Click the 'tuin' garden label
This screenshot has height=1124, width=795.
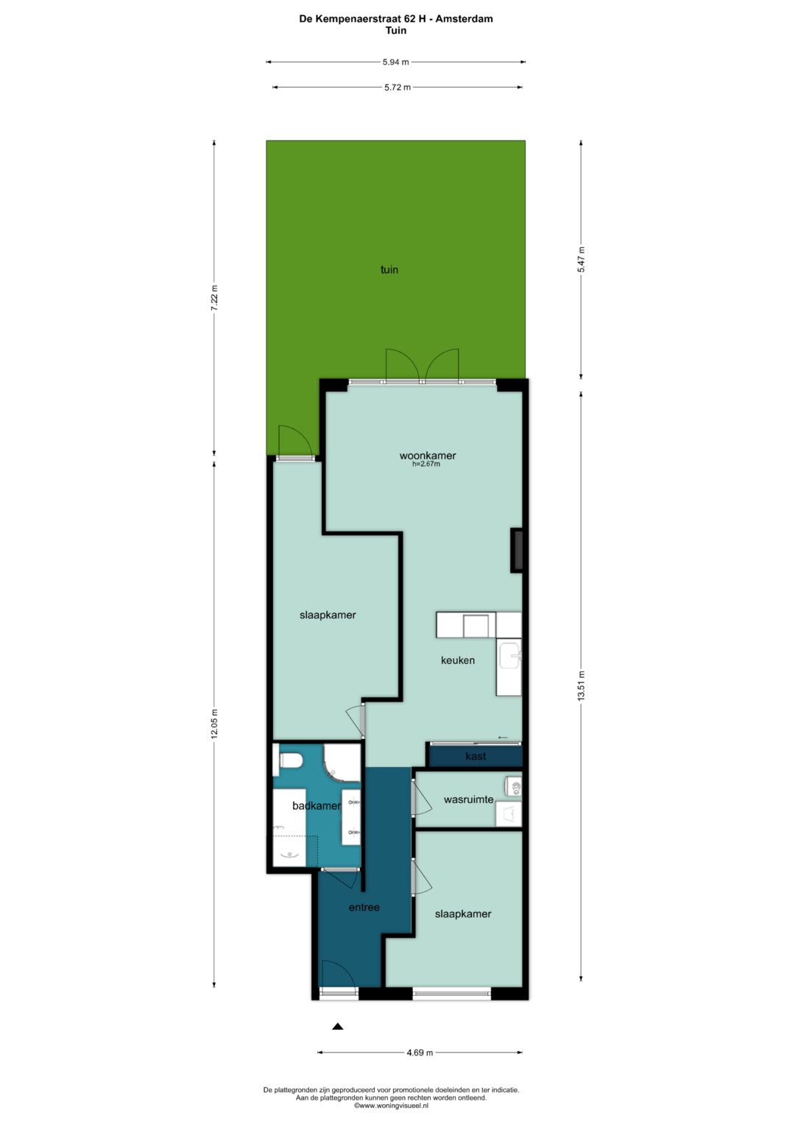tap(389, 269)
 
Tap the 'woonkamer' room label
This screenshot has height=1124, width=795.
tap(428, 456)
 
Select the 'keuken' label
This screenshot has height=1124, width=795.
tap(458, 660)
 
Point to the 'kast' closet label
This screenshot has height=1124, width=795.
tap(476, 756)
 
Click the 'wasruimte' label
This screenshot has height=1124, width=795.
tap(468, 799)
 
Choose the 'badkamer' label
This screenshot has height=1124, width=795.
tap(317, 806)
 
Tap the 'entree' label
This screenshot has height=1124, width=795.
tap(364, 908)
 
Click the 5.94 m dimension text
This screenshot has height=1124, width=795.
tap(395, 63)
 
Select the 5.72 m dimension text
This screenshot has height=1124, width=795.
tap(397, 88)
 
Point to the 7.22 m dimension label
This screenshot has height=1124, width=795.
tap(215, 298)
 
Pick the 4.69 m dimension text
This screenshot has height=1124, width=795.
tap(420, 1053)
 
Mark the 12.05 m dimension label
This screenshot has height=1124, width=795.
tap(215, 724)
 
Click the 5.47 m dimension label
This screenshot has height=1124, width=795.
tap(582, 259)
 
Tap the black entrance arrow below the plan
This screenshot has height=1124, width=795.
tap(338, 1026)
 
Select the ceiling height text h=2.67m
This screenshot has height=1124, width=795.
tap(426, 464)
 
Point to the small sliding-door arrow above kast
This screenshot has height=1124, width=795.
tap(503, 737)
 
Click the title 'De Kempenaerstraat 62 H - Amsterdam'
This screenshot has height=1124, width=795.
tap(396, 19)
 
